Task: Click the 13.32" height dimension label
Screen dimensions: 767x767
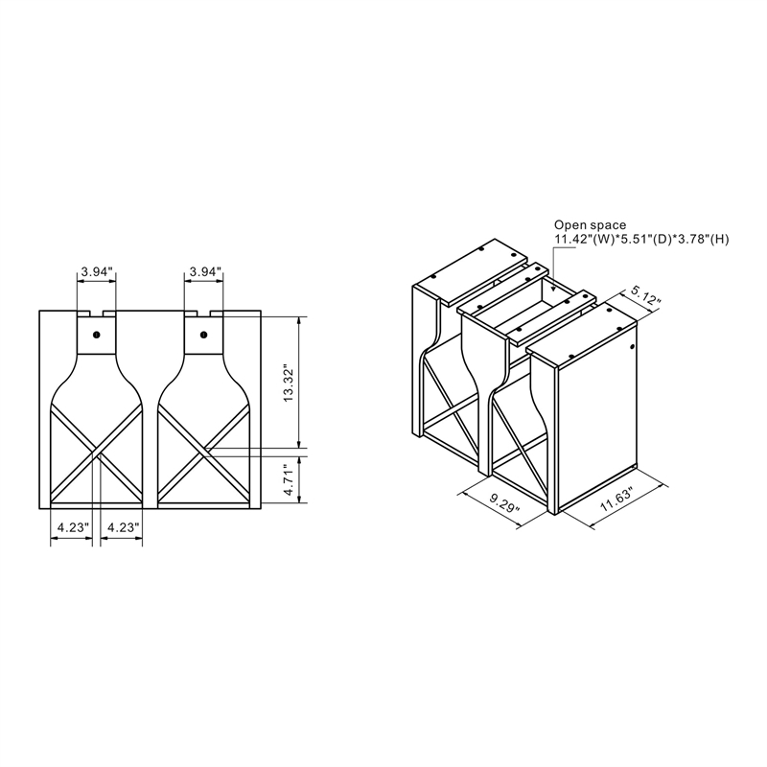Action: click(289, 383)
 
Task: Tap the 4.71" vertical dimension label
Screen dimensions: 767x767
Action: click(289, 480)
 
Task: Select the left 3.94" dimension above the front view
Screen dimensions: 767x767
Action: click(97, 271)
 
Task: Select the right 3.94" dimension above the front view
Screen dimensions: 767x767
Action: click(204, 271)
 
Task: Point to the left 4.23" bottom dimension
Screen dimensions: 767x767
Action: click(73, 527)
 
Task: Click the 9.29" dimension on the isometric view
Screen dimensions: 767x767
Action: click(504, 501)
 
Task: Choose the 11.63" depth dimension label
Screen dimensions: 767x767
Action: click(616, 499)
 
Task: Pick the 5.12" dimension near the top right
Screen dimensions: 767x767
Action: click(645, 296)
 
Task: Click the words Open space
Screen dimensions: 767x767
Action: click(590, 225)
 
